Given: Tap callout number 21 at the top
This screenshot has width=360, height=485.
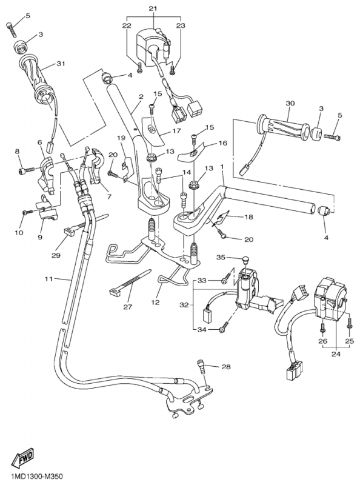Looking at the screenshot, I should [x=152, y=7].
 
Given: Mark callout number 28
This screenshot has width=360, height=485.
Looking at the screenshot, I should [x=226, y=367].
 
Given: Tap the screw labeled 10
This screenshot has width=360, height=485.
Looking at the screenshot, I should [x=27, y=212].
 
